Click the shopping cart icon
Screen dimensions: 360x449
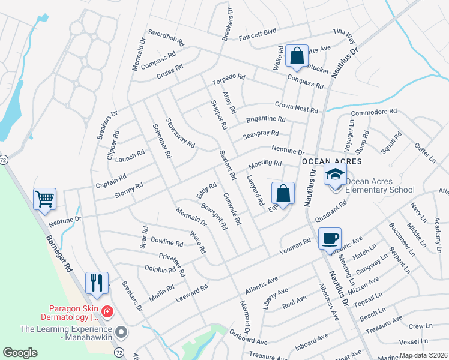coord(45,199)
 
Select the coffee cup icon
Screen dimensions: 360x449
coord(330,238)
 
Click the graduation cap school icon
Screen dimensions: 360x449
coord(336,175)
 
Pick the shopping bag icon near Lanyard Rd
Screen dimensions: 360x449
coord(283,193)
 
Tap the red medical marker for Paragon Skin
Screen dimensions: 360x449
coord(107,311)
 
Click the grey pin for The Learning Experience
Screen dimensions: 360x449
coord(121,331)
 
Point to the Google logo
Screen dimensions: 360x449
coord(20,353)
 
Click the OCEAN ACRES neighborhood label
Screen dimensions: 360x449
coord(331,162)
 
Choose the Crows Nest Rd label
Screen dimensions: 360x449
coord(296,107)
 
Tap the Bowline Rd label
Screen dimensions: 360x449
coord(167,244)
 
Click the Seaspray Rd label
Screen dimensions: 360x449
coord(261,135)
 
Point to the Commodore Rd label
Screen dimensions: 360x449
coord(374,112)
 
